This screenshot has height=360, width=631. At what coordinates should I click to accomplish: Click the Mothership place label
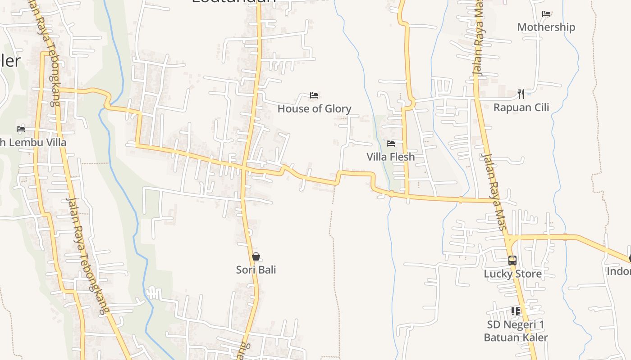click(546, 27)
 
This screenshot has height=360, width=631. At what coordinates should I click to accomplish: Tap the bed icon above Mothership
click(546, 14)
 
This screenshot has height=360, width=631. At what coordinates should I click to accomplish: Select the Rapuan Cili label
click(521, 108)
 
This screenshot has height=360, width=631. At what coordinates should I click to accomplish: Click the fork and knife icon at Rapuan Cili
click(521, 94)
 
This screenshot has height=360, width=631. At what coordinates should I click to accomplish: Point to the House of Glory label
click(314, 108)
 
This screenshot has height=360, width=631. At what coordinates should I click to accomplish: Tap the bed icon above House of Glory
click(314, 95)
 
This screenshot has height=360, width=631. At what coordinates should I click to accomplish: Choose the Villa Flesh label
click(390, 157)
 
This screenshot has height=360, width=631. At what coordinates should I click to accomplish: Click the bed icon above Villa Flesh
click(391, 144)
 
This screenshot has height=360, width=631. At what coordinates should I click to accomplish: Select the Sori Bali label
click(256, 270)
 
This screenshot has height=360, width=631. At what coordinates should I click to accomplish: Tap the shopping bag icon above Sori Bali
click(256, 257)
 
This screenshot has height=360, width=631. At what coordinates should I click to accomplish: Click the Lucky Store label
click(512, 274)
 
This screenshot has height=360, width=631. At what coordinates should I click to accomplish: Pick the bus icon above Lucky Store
click(512, 261)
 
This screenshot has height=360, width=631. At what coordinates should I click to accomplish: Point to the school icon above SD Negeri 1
click(516, 311)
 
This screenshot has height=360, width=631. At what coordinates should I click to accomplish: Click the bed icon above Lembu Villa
click(21, 129)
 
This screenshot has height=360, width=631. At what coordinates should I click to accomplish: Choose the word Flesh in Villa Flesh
click(402, 157)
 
